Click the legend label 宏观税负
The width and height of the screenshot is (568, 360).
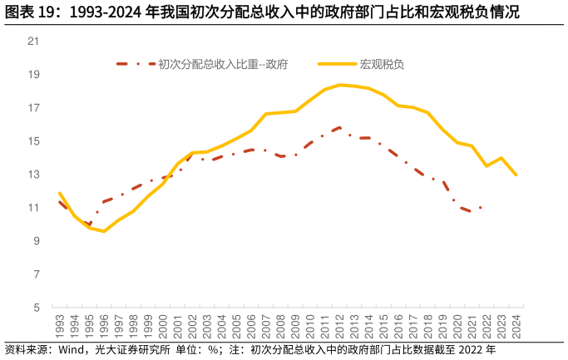click(382, 64)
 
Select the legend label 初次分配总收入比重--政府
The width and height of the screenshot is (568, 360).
click(222, 64)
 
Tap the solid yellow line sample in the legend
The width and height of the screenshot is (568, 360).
click(336, 64)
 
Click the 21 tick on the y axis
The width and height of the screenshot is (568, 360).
click(34, 41)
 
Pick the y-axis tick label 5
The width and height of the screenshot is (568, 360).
click(37, 308)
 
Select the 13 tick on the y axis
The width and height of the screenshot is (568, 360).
click(34, 175)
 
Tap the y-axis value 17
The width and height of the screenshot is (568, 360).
click(34, 108)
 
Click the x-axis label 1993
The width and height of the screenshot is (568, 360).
click(60, 326)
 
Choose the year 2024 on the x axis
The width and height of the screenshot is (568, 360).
click(516, 326)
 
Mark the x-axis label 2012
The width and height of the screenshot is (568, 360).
click(339, 326)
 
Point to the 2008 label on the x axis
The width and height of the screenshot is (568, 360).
click(281, 326)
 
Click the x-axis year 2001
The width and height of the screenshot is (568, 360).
click(178, 326)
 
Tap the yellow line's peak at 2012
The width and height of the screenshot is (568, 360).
click(339, 85)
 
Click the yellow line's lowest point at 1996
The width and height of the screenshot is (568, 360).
click(104, 231)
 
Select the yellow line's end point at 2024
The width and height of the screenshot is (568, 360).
click(516, 175)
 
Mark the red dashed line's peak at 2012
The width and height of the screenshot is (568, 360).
click(339, 128)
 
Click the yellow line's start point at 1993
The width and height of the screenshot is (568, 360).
click(60, 193)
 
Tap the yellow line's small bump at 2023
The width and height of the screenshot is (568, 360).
click(501, 158)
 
